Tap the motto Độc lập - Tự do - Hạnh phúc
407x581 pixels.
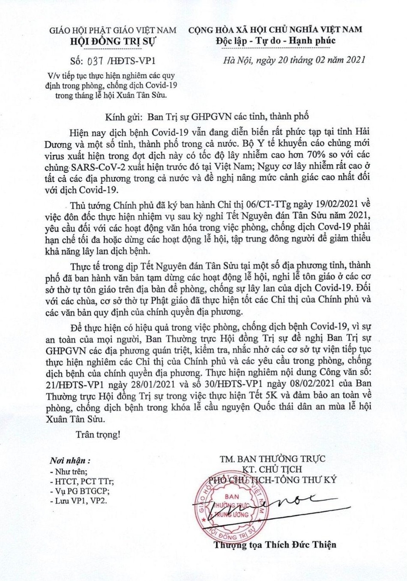click(276, 41)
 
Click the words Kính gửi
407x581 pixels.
click(120, 116)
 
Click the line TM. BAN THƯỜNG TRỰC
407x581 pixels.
click(272, 458)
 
